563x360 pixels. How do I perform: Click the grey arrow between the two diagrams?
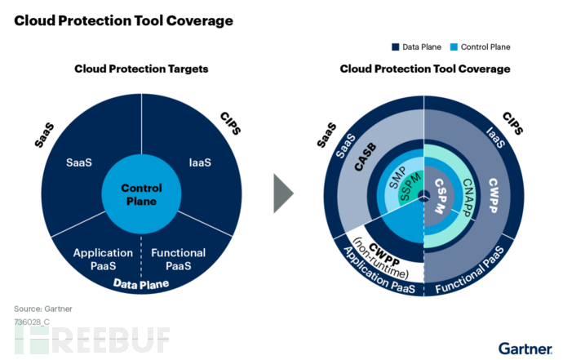pyautogui.click(x=283, y=193)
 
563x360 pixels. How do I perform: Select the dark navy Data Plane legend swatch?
pyautogui.click(x=419, y=47)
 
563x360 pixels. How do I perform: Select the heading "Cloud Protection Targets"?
pyautogui.click(x=141, y=69)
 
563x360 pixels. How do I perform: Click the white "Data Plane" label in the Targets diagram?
pyautogui.click(x=141, y=284)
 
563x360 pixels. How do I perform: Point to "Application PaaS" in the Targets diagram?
pyautogui.click(x=102, y=259)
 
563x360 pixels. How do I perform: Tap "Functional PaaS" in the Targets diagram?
pyautogui.click(x=179, y=259)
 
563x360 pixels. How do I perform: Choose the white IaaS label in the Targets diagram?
pyautogui.click(x=198, y=162)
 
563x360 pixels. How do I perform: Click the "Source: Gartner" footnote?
pyautogui.click(x=42, y=309)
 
